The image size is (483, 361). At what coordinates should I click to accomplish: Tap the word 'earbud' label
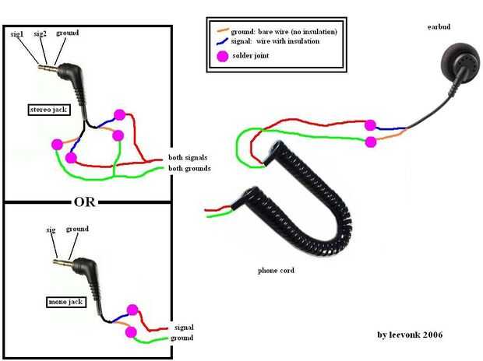pyautogui.click(x=439, y=27)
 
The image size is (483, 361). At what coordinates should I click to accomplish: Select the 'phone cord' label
pyautogui.click(x=275, y=271)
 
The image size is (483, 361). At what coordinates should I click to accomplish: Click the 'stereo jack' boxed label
pyautogui.click(x=48, y=110)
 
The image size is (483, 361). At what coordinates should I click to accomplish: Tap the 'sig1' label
pyautogui.click(x=16, y=33)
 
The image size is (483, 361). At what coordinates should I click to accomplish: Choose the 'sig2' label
pyautogui.click(x=40, y=33)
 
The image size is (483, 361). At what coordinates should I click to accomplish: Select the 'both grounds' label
pyautogui.click(x=190, y=168)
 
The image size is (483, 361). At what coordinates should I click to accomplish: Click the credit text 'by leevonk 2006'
pyautogui.click(x=411, y=335)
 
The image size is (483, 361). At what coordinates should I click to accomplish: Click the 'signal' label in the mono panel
pyautogui.click(x=184, y=328)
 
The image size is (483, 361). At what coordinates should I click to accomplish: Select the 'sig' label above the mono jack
pyautogui.click(x=52, y=230)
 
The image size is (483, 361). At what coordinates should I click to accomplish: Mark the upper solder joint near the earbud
pyautogui.click(x=370, y=124)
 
